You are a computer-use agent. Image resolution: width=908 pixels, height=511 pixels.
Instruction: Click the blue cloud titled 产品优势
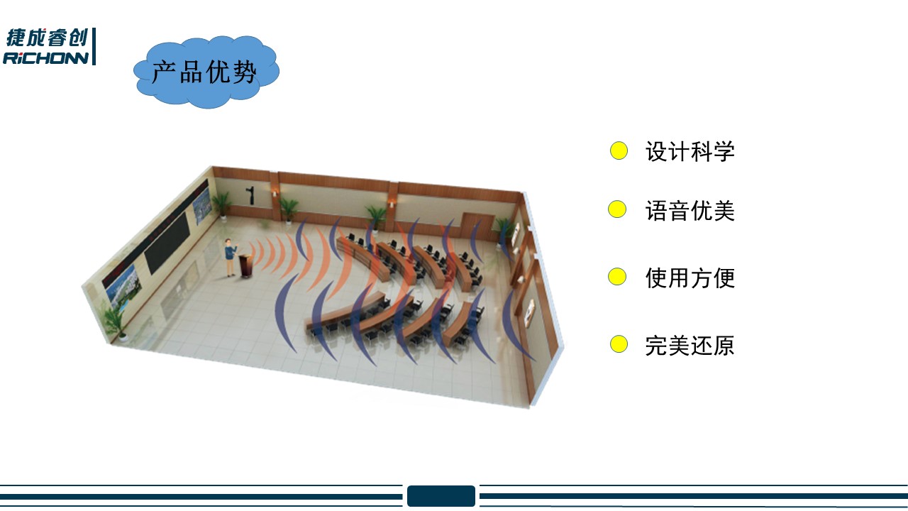(x=206, y=72)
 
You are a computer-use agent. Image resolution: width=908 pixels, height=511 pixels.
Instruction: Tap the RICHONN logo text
(x=45, y=58)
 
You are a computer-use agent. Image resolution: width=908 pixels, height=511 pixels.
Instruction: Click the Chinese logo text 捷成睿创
(x=47, y=38)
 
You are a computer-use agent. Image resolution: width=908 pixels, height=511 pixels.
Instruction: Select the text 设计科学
(x=690, y=152)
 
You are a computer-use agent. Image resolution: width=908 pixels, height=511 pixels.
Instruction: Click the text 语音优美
(x=690, y=211)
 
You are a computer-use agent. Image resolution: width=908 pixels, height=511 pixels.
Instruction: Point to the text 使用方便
(x=690, y=278)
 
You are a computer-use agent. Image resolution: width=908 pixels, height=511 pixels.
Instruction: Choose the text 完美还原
(x=690, y=346)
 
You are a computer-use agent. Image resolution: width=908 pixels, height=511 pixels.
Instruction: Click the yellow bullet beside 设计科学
(x=619, y=151)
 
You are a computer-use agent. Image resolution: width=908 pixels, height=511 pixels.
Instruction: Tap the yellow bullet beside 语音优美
(x=617, y=209)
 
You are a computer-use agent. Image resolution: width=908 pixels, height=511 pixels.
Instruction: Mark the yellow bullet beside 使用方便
(x=617, y=277)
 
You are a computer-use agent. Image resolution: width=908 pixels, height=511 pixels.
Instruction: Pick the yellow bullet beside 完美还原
(x=619, y=344)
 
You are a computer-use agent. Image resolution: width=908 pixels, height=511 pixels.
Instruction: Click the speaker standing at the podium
(x=231, y=258)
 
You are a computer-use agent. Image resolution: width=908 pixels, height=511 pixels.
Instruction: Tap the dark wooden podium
(x=246, y=266)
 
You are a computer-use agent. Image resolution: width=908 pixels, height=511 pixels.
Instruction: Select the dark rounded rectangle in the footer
(x=441, y=495)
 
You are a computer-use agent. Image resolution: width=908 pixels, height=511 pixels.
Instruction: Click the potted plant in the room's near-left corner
(x=116, y=322)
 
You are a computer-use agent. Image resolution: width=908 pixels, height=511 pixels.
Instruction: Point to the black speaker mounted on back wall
(x=251, y=195)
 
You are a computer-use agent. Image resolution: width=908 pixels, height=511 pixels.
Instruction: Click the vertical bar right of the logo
(x=94, y=46)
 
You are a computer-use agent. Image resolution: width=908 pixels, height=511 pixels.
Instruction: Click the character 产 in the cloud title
(x=165, y=72)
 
